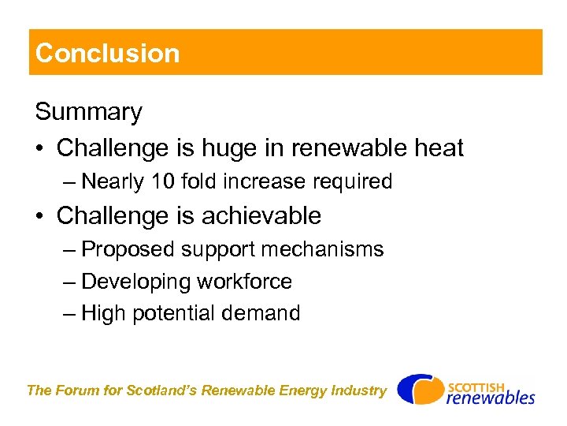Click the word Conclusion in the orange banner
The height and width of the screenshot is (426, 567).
108,53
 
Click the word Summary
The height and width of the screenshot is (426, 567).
88,112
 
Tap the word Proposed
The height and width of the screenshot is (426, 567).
128,249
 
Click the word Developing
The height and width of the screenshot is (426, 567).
136,282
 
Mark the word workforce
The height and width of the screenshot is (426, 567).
244,282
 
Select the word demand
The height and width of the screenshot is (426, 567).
261,313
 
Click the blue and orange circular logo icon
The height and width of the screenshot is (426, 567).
419,390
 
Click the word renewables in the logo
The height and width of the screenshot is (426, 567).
490,397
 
